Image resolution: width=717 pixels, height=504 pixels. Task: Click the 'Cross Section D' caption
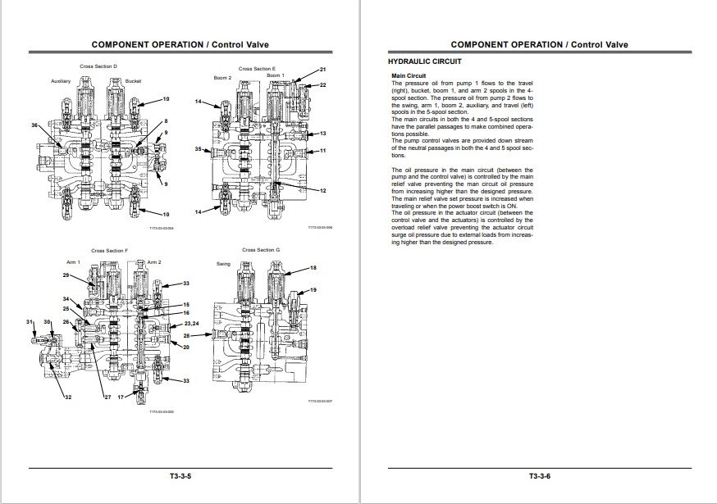98,66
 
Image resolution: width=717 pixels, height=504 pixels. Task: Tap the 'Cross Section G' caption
261,249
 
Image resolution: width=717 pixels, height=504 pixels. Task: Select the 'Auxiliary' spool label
62,82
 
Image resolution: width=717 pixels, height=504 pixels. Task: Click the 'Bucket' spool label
134,82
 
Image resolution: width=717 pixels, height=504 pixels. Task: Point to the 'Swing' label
224,265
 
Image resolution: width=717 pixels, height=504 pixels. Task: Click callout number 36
34,125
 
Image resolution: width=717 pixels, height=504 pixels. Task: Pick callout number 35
199,149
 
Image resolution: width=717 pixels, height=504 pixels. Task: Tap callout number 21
323,70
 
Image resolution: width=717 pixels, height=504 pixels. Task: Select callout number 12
323,191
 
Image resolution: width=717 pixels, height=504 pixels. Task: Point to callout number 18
313,268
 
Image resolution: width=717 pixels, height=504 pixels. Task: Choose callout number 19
313,290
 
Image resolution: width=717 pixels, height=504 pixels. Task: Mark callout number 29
66,275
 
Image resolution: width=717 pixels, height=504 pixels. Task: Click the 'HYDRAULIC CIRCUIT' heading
424,61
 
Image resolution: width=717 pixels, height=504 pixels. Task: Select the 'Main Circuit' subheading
409,76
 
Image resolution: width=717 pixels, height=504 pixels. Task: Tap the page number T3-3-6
539,476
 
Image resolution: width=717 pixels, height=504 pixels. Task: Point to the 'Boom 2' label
223,78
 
